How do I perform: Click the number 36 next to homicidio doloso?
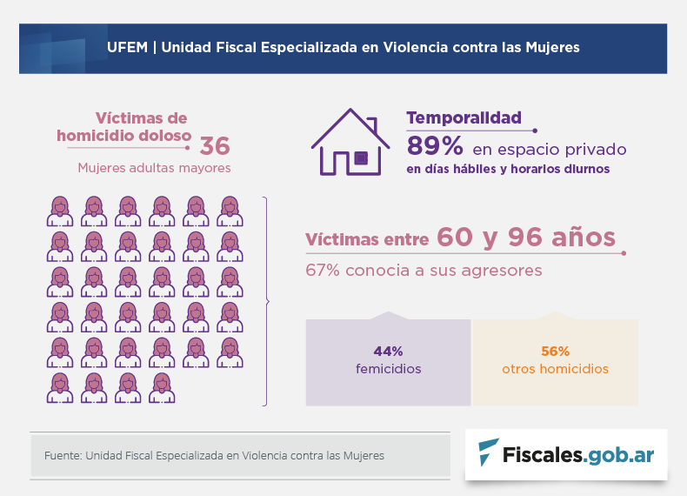coord(215,144)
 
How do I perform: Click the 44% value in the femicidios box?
coord(388,352)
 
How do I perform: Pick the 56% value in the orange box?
coord(555,352)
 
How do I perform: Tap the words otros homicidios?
coord(555,369)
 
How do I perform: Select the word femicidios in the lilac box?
coord(388,369)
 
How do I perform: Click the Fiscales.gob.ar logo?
coord(566,453)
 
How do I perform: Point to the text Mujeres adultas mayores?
coord(154,167)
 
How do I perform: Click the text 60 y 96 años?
coord(526,238)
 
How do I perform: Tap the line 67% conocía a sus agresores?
coord(424,270)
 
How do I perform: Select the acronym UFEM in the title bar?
coord(125,47)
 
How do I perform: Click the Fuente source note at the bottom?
coord(214,455)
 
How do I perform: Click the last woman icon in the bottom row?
coord(162,388)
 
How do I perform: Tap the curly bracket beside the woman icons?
coord(265,301)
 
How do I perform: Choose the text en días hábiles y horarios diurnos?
coord(508,169)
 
